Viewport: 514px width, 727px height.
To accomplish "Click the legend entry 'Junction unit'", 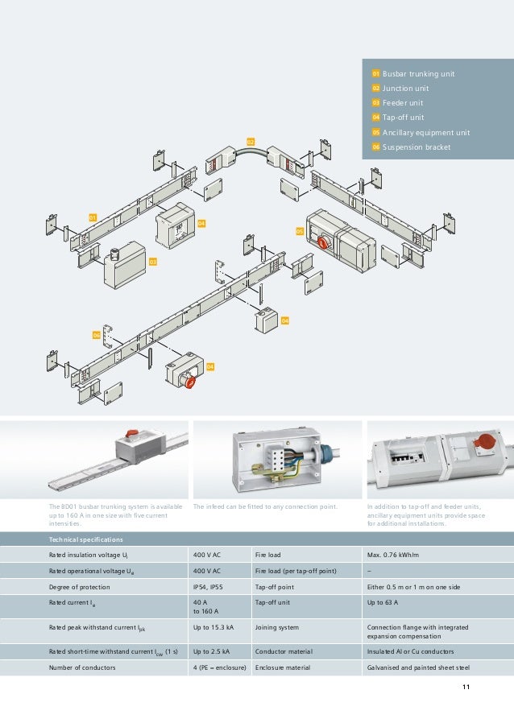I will pyautogui.click(x=405, y=89).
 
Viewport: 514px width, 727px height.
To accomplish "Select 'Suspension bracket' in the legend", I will pyautogui.click(x=417, y=147).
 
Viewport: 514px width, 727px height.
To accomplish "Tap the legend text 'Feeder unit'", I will pyautogui.click(x=402, y=103).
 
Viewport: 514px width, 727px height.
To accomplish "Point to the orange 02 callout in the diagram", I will pyautogui.click(x=251, y=142).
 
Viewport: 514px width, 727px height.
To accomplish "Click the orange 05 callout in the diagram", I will pyautogui.click(x=299, y=231).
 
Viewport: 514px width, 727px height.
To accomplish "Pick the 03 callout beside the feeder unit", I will pyautogui.click(x=151, y=262).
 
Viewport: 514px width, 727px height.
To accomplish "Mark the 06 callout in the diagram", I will pyautogui.click(x=96, y=334).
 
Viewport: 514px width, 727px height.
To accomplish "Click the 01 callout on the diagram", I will pyautogui.click(x=93, y=217).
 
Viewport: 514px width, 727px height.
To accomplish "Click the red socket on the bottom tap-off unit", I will pyautogui.click(x=191, y=382).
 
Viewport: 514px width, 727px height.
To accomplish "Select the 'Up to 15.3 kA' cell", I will pyautogui.click(x=213, y=627).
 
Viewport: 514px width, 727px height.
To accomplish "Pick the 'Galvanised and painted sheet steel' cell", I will pyautogui.click(x=423, y=667).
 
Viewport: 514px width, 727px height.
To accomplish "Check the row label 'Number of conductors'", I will pyautogui.click(x=82, y=667).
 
